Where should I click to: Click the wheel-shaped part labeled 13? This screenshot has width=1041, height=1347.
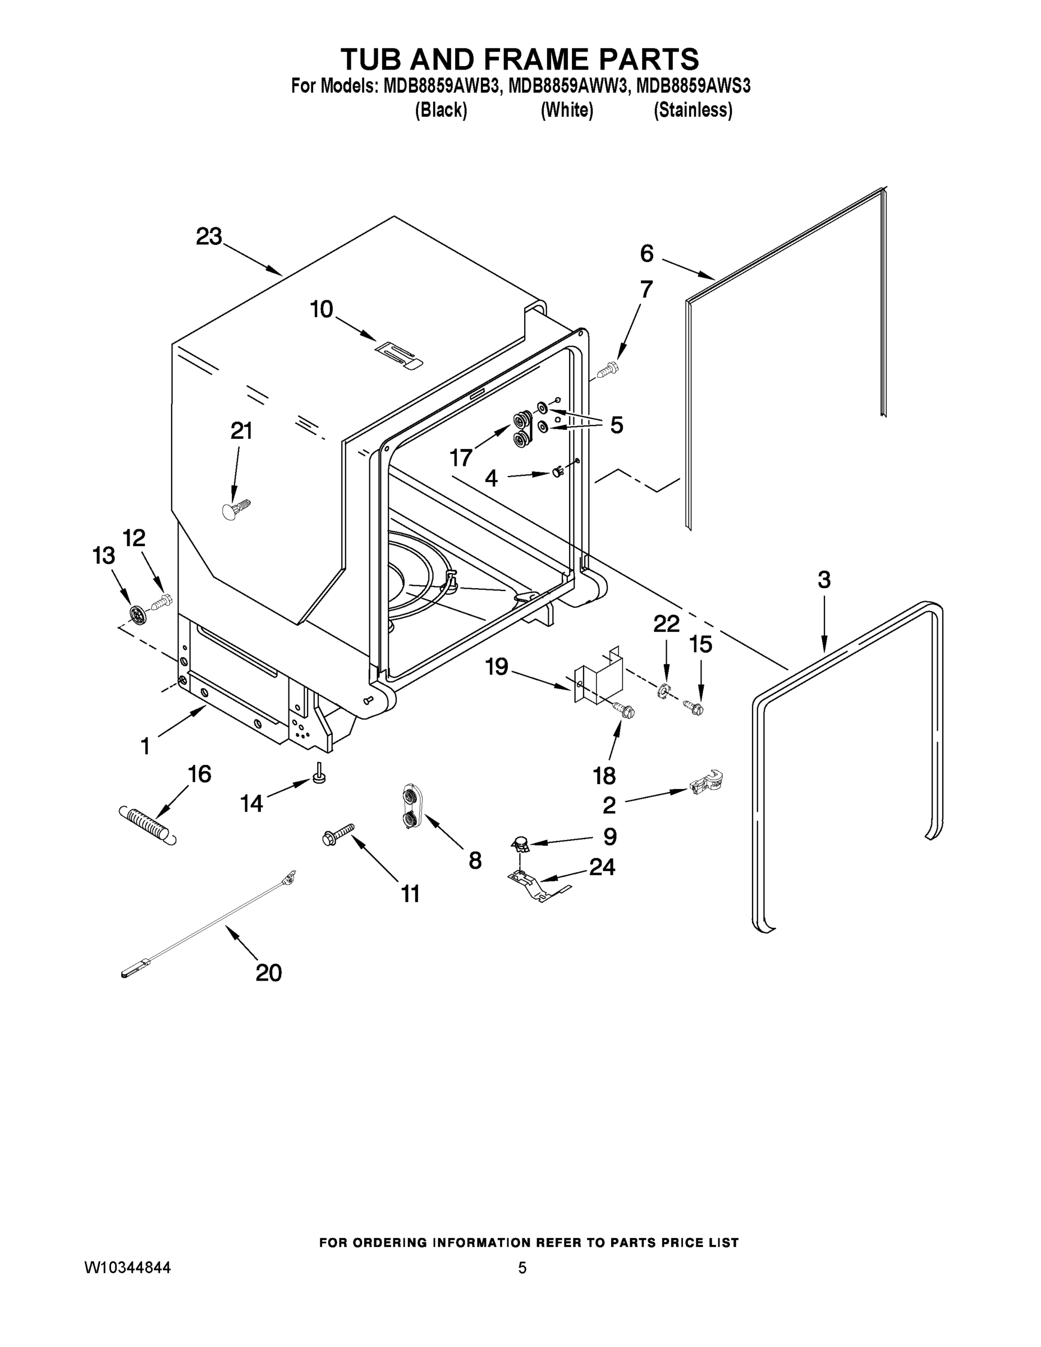pyautogui.click(x=138, y=613)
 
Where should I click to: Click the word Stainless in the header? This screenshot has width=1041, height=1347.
pyautogui.click(x=693, y=111)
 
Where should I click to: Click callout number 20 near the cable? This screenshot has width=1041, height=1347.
pyautogui.click(x=268, y=973)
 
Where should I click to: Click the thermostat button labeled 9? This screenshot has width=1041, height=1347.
pyautogui.click(x=521, y=842)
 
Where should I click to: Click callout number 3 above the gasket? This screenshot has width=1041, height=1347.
pyautogui.click(x=824, y=580)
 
